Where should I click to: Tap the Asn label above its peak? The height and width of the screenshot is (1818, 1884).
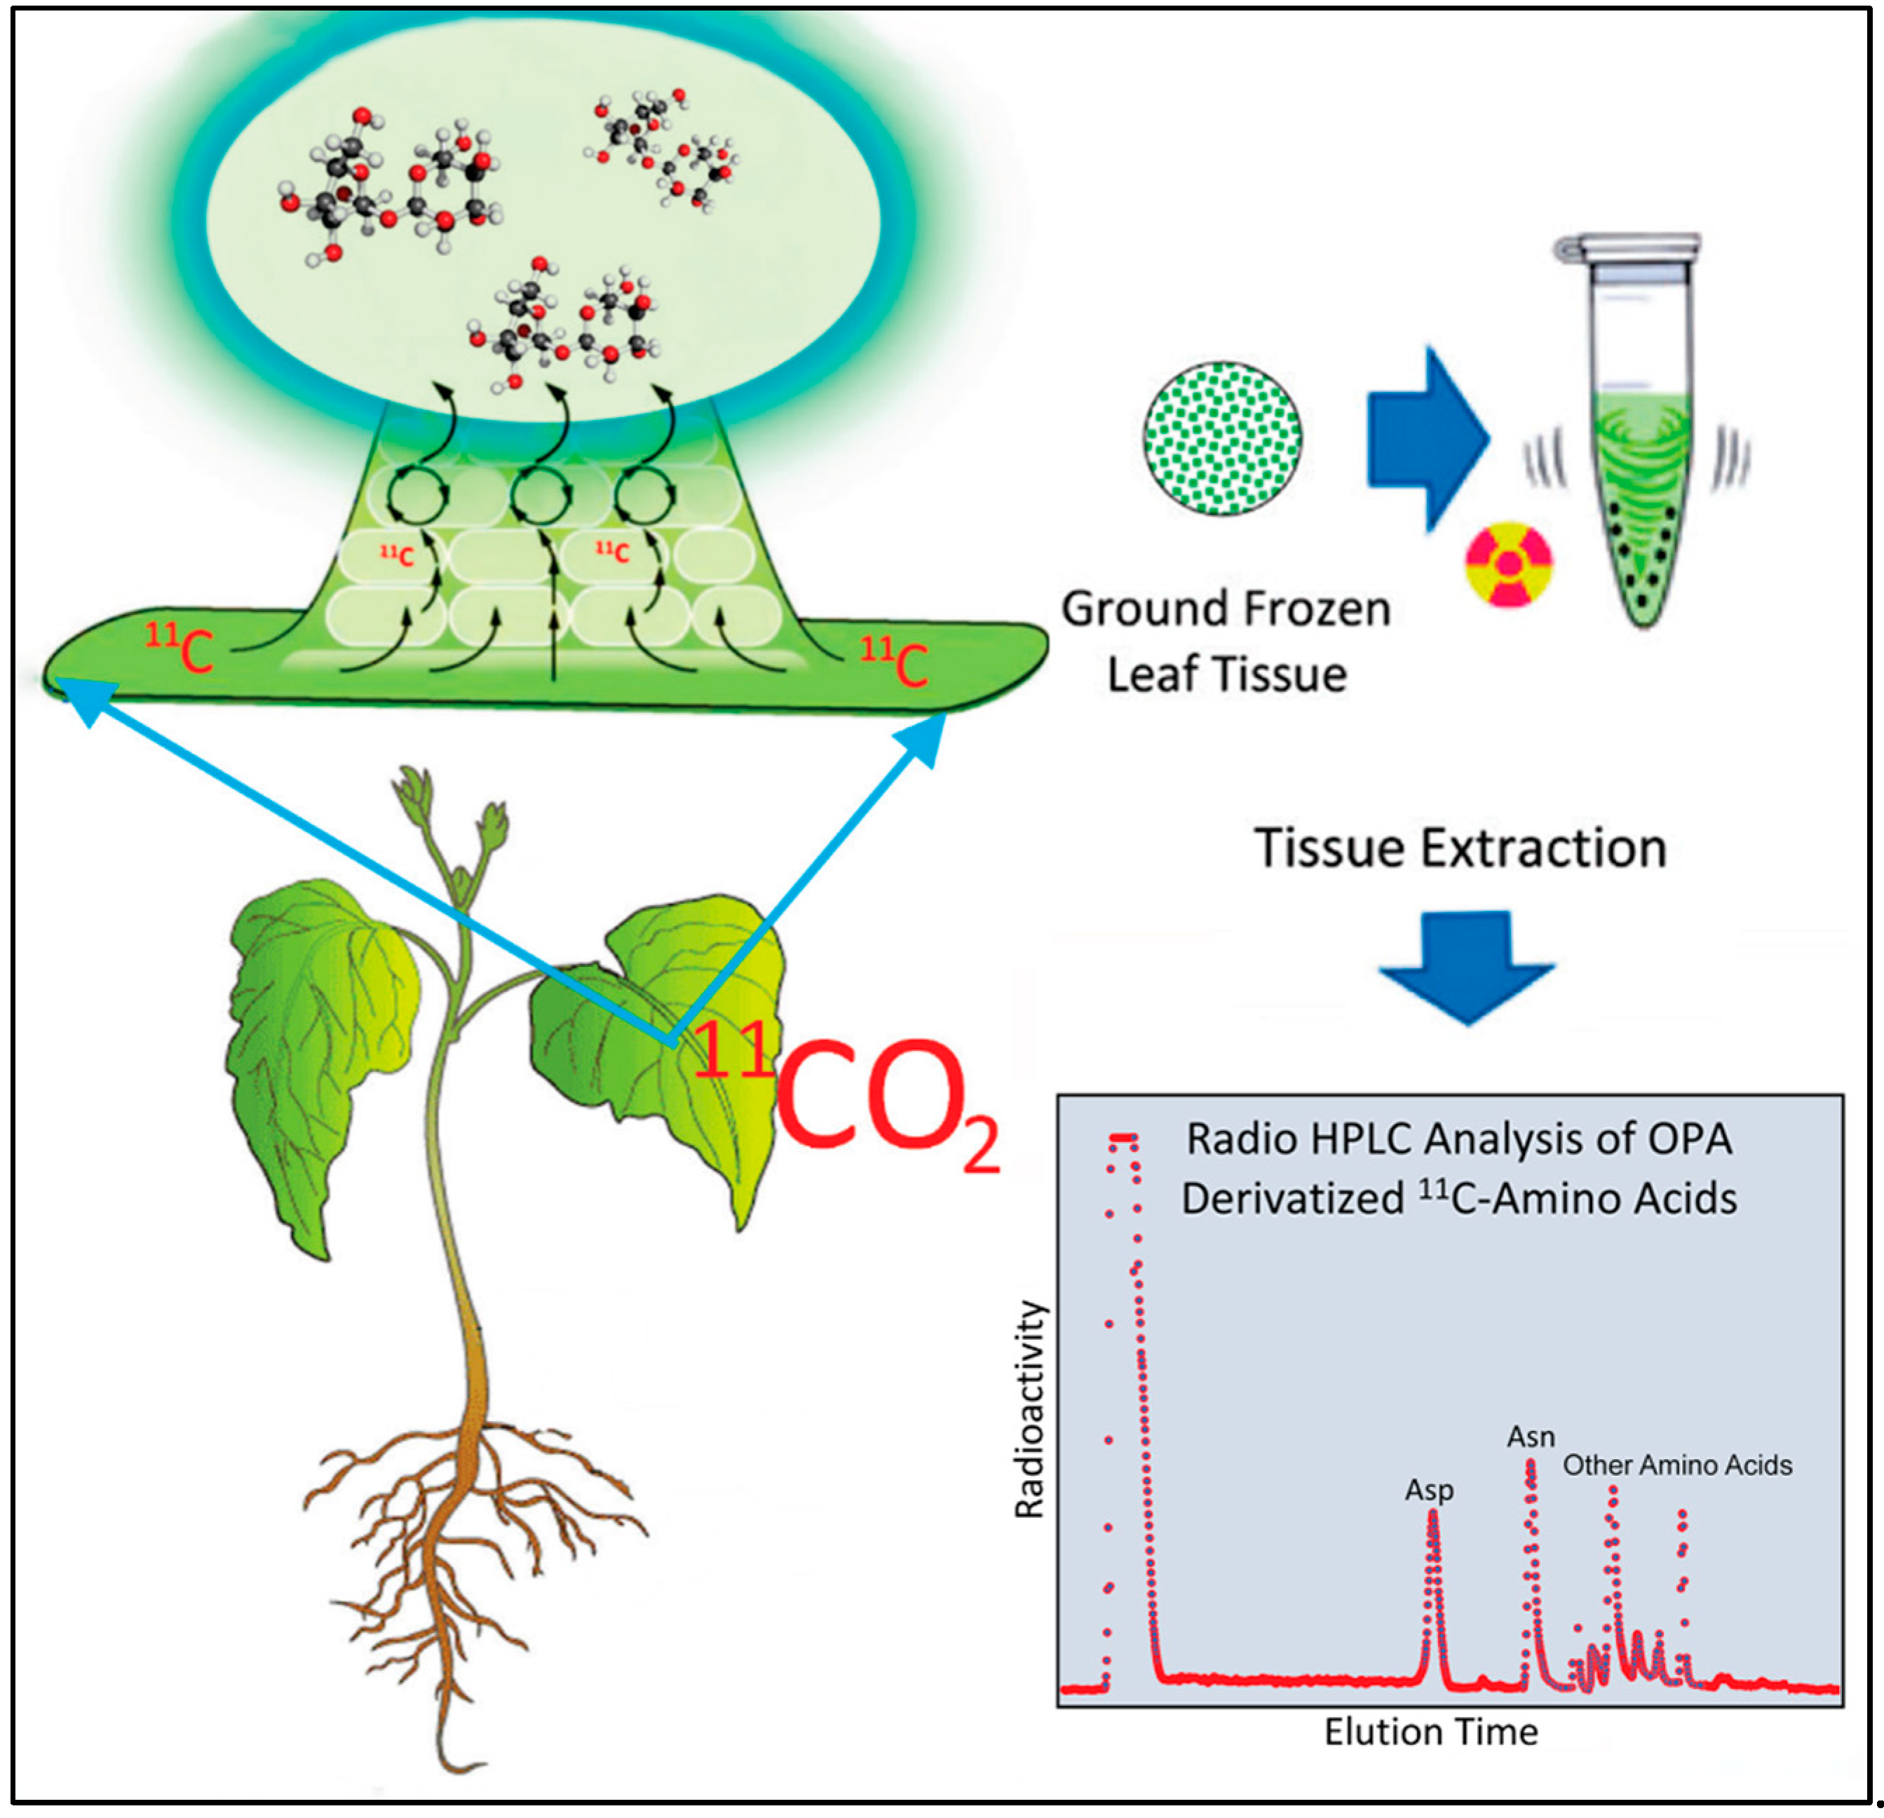point(1531,1437)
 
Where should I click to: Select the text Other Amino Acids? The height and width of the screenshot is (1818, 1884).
point(1676,1465)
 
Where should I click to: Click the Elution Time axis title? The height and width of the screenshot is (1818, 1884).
point(1430,1732)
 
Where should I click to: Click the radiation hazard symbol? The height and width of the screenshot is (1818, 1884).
point(1508,564)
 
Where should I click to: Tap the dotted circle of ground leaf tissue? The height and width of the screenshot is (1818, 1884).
point(1223,438)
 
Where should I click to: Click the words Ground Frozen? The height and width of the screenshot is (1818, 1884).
point(1226,609)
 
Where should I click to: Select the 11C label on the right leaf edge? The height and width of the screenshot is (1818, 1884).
point(894,663)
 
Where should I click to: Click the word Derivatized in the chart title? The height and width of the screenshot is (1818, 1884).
point(1293,1199)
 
